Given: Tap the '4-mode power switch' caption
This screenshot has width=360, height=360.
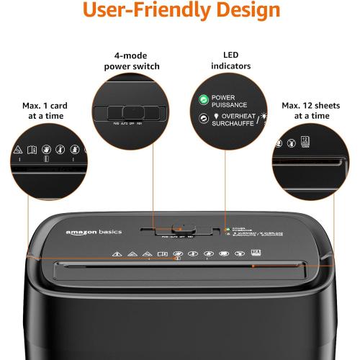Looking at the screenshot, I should (x=136, y=61).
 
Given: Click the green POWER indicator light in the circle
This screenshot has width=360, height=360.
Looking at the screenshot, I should (x=204, y=99).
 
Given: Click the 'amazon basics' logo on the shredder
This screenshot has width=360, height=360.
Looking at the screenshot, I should (x=94, y=232).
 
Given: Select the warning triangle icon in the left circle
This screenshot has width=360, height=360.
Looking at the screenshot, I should (x=17, y=150).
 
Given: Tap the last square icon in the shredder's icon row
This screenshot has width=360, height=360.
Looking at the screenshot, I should (x=256, y=253).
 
